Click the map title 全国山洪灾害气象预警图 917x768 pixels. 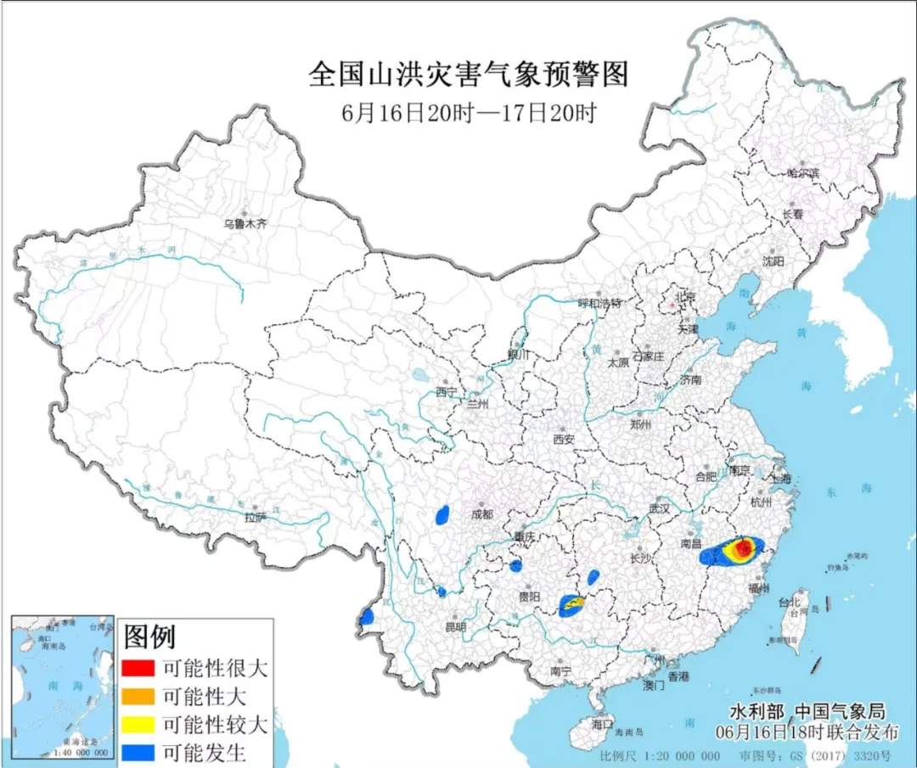click(x=468, y=75)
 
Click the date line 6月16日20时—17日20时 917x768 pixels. click(x=468, y=112)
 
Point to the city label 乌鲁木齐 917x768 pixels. click(x=245, y=225)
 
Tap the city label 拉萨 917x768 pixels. click(x=256, y=517)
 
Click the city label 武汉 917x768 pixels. click(x=659, y=508)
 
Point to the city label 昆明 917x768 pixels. click(x=455, y=627)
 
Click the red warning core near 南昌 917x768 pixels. click(x=744, y=549)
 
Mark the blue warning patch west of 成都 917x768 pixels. click(x=442, y=514)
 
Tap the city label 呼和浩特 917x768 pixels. click(x=600, y=303)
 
